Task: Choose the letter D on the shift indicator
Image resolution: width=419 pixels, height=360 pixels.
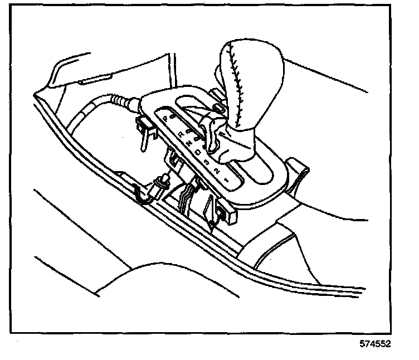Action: [x=199, y=152]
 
